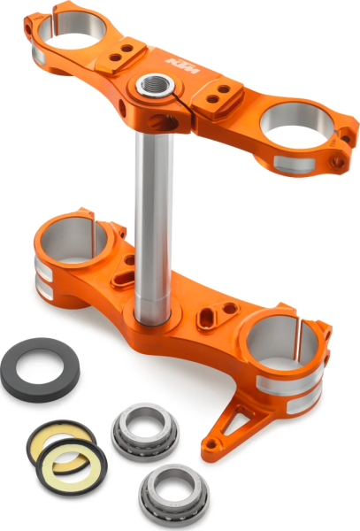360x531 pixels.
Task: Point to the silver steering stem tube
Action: coord(153,221)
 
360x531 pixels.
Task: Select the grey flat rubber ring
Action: coord(38,361)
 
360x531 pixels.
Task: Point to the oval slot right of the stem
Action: coord(211,312)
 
